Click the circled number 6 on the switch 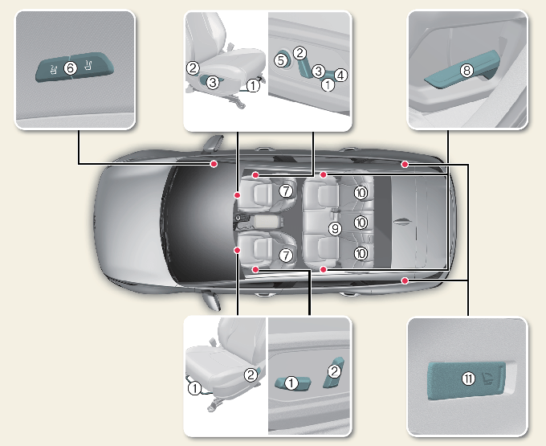point(70,69)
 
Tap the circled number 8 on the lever point(467,71)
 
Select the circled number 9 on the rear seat point(336,229)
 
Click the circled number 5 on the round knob point(281,59)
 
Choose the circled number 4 point(341,76)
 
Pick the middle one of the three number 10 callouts point(361,222)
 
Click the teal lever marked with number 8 point(450,76)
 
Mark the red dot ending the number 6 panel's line point(214,164)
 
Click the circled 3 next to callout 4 point(318,72)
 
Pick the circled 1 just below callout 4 point(328,84)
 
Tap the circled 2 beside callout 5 point(299,53)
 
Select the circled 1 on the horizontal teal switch point(291,383)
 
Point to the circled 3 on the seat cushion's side point(212,82)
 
